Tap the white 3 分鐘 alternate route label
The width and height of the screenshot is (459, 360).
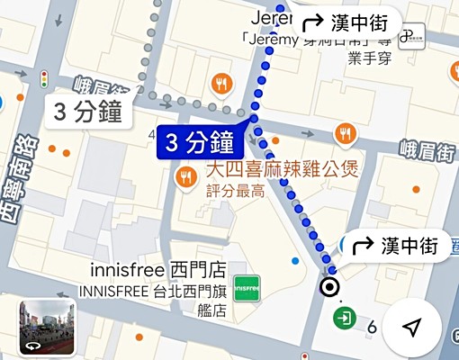pos(88,112)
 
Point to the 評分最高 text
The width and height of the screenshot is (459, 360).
pos(235,191)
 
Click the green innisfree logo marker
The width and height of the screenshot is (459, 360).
pos(247,289)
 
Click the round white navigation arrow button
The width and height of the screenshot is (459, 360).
pos(411,328)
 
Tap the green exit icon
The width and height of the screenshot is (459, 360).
pos(344,318)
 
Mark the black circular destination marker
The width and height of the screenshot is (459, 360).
pos(330,287)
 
